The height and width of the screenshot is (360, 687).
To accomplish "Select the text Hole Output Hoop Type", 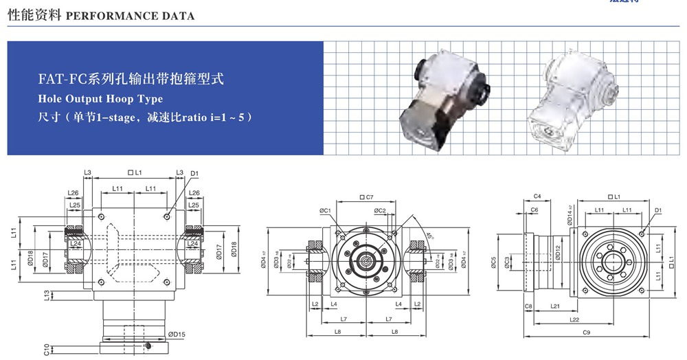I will (100, 99).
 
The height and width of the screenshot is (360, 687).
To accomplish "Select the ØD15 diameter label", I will (177, 335).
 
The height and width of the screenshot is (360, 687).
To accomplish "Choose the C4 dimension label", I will (537, 197).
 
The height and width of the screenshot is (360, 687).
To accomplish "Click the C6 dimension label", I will (534, 210).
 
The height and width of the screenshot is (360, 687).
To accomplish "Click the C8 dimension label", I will (528, 306).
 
